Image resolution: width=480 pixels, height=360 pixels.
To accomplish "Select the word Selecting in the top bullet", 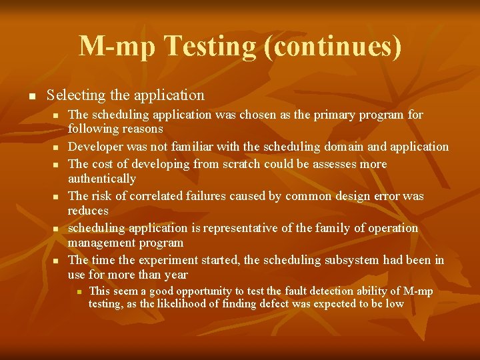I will (75, 95).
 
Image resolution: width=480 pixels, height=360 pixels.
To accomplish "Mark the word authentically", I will (101, 179).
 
